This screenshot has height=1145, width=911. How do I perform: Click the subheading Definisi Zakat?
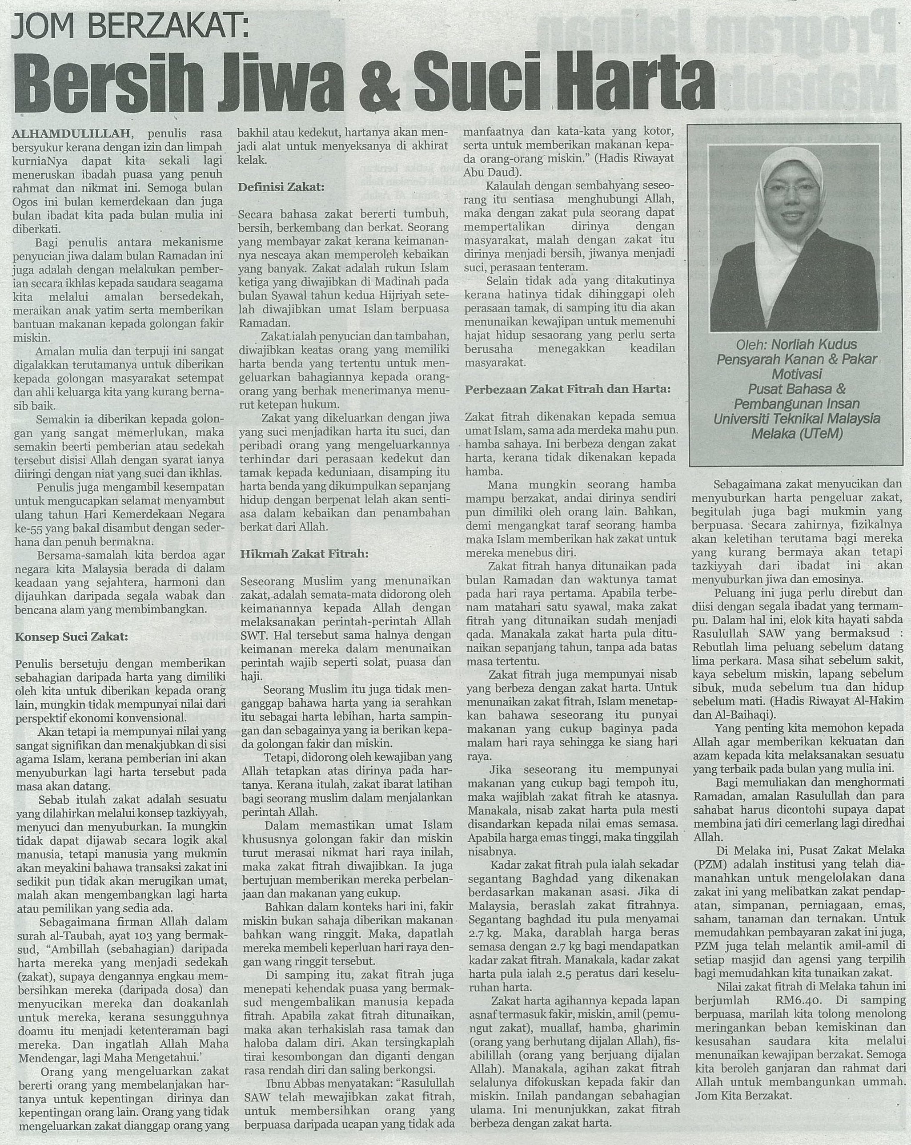point(281,186)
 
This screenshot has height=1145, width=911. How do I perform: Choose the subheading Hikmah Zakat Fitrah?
point(304,554)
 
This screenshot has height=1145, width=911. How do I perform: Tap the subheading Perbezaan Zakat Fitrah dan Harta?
point(567,389)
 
